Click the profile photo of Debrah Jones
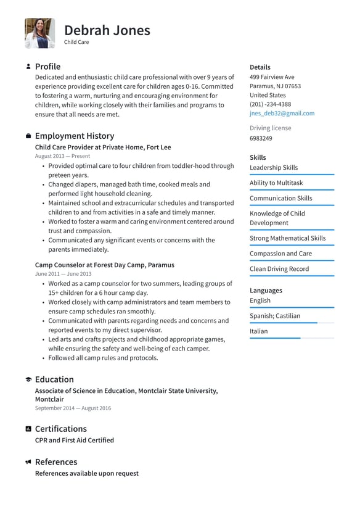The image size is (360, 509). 39,33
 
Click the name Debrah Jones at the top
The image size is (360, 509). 107,30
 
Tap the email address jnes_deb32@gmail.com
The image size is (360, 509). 282,114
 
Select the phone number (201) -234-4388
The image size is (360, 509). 270,104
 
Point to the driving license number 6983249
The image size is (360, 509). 261,138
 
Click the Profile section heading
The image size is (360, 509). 47,67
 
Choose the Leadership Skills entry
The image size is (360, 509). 274,167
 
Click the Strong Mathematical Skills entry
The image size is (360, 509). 287,238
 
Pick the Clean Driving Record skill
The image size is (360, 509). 279,269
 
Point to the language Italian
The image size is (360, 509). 259,331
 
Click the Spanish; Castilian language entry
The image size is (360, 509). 275,316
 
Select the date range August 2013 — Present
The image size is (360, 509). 62,157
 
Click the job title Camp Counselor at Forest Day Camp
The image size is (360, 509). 104,265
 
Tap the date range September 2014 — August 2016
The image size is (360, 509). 73,408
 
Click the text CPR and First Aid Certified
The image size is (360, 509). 74,441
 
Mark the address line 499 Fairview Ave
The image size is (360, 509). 272,77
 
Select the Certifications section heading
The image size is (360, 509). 60,429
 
